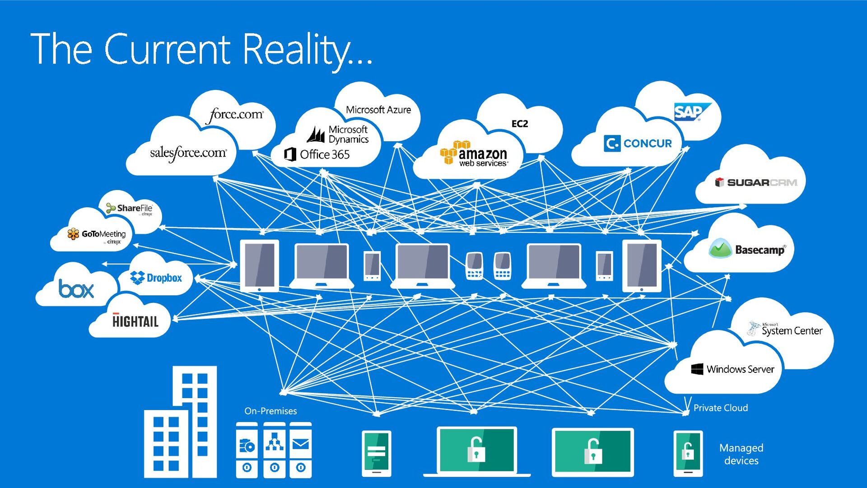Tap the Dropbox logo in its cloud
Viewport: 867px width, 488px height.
156,278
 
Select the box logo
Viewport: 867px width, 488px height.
76,289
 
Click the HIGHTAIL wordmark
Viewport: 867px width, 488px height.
135,321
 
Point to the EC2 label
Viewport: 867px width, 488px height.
519,124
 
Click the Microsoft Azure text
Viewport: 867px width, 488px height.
378,110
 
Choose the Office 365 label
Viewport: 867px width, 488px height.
317,154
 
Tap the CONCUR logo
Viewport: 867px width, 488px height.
638,144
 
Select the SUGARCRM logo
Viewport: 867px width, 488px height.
756,182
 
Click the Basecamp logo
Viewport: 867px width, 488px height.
747,249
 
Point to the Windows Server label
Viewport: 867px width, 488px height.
733,369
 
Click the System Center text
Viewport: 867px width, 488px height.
786,330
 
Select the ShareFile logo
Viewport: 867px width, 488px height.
130,208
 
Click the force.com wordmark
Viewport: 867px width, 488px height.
235,115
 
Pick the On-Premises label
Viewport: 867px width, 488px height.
270,411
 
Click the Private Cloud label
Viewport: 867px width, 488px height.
720,408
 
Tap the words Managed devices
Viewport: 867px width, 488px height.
741,454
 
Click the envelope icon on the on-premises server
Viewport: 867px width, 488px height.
301,445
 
